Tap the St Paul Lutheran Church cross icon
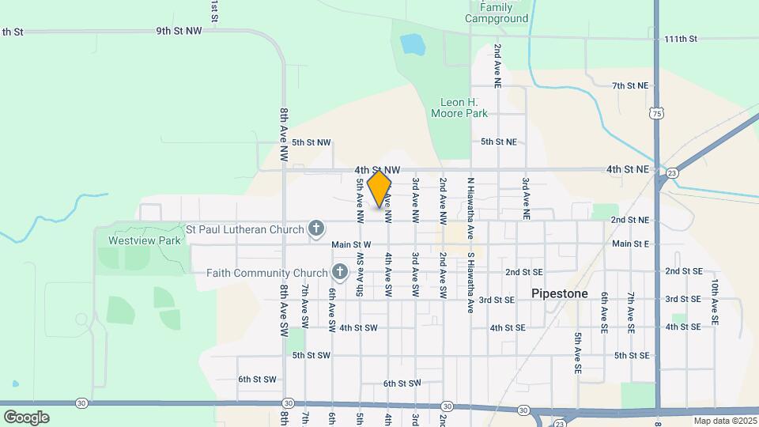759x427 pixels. click(316, 230)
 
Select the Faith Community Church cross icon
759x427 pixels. click(340, 273)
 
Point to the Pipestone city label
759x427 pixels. click(560, 293)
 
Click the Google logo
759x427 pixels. click(26, 417)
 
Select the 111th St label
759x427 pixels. click(681, 39)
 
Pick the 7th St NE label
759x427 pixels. click(630, 85)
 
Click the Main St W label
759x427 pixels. click(351, 245)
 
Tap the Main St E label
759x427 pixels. click(630, 244)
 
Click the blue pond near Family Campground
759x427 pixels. click(412, 44)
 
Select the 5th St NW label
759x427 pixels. click(311, 143)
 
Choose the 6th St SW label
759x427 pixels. click(257, 380)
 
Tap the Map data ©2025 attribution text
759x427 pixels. click(725, 421)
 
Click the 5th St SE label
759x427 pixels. click(632, 356)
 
